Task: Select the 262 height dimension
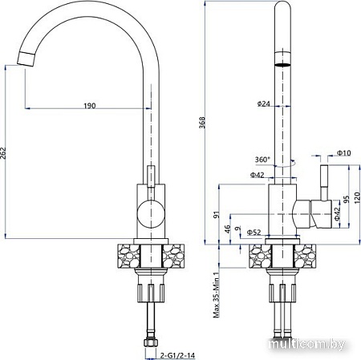7,156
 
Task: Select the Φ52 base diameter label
254,233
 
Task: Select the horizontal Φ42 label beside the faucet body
258,175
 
